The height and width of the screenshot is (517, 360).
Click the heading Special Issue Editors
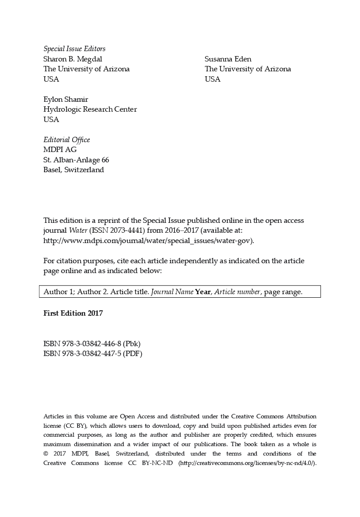[x=74, y=49]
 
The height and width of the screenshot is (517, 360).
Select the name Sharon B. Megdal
[x=75, y=59]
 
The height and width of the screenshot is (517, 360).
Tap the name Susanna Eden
[x=228, y=59]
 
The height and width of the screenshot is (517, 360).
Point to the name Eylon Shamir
[x=65, y=99]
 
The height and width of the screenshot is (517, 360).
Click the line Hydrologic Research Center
[x=90, y=109]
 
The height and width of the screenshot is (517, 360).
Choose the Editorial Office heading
[x=66, y=140]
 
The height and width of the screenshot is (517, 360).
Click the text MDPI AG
[x=60, y=150]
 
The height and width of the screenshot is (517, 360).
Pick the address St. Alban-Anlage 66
[x=76, y=160]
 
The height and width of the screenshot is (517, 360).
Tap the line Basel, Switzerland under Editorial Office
[x=74, y=169]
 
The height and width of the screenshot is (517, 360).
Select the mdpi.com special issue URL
[x=148, y=240]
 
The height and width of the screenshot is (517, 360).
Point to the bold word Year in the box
[x=203, y=292]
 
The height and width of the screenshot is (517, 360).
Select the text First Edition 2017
[x=73, y=313]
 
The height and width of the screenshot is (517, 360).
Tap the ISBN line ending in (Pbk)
[x=92, y=344]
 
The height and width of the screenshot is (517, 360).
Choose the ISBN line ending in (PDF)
[x=93, y=354]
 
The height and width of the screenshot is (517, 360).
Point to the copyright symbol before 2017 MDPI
[x=46, y=454]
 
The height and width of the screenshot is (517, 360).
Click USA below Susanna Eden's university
[x=213, y=79]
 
